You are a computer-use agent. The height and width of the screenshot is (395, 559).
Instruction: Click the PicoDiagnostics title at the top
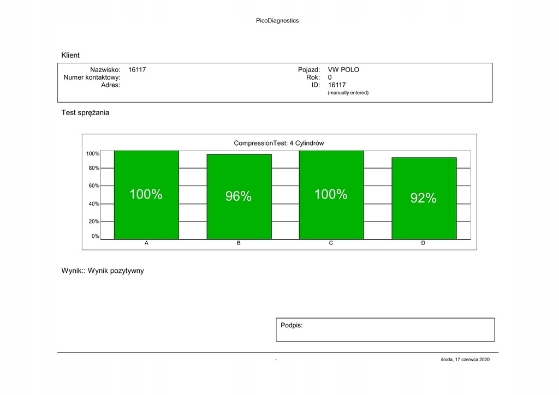(277, 21)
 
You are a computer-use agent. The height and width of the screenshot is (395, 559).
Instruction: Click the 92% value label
(424, 198)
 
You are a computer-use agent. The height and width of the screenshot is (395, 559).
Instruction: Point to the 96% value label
(239, 196)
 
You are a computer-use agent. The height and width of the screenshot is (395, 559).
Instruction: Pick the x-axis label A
(146, 243)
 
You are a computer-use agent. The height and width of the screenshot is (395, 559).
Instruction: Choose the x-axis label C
(331, 243)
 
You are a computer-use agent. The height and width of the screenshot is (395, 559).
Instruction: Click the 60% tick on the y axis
(94, 186)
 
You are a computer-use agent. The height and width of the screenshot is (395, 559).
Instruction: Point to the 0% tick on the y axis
(96, 237)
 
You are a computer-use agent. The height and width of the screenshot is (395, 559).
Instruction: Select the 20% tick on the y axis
(94, 222)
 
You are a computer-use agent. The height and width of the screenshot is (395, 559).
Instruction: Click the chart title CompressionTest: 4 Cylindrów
(279, 143)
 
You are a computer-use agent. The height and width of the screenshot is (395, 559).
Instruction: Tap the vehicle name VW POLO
(343, 70)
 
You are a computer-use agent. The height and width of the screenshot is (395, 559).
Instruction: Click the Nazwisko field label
(105, 70)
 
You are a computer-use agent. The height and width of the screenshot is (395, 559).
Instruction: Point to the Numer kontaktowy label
(92, 77)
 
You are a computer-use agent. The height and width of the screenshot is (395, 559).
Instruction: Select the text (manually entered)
(348, 93)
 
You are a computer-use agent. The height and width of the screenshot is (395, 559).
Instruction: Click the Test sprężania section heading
(85, 113)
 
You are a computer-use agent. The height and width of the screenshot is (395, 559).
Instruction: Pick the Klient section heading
(70, 55)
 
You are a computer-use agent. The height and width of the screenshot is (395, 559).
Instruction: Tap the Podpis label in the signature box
(292, 325)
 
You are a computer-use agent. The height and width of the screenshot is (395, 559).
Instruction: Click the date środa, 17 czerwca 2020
(466, 360)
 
